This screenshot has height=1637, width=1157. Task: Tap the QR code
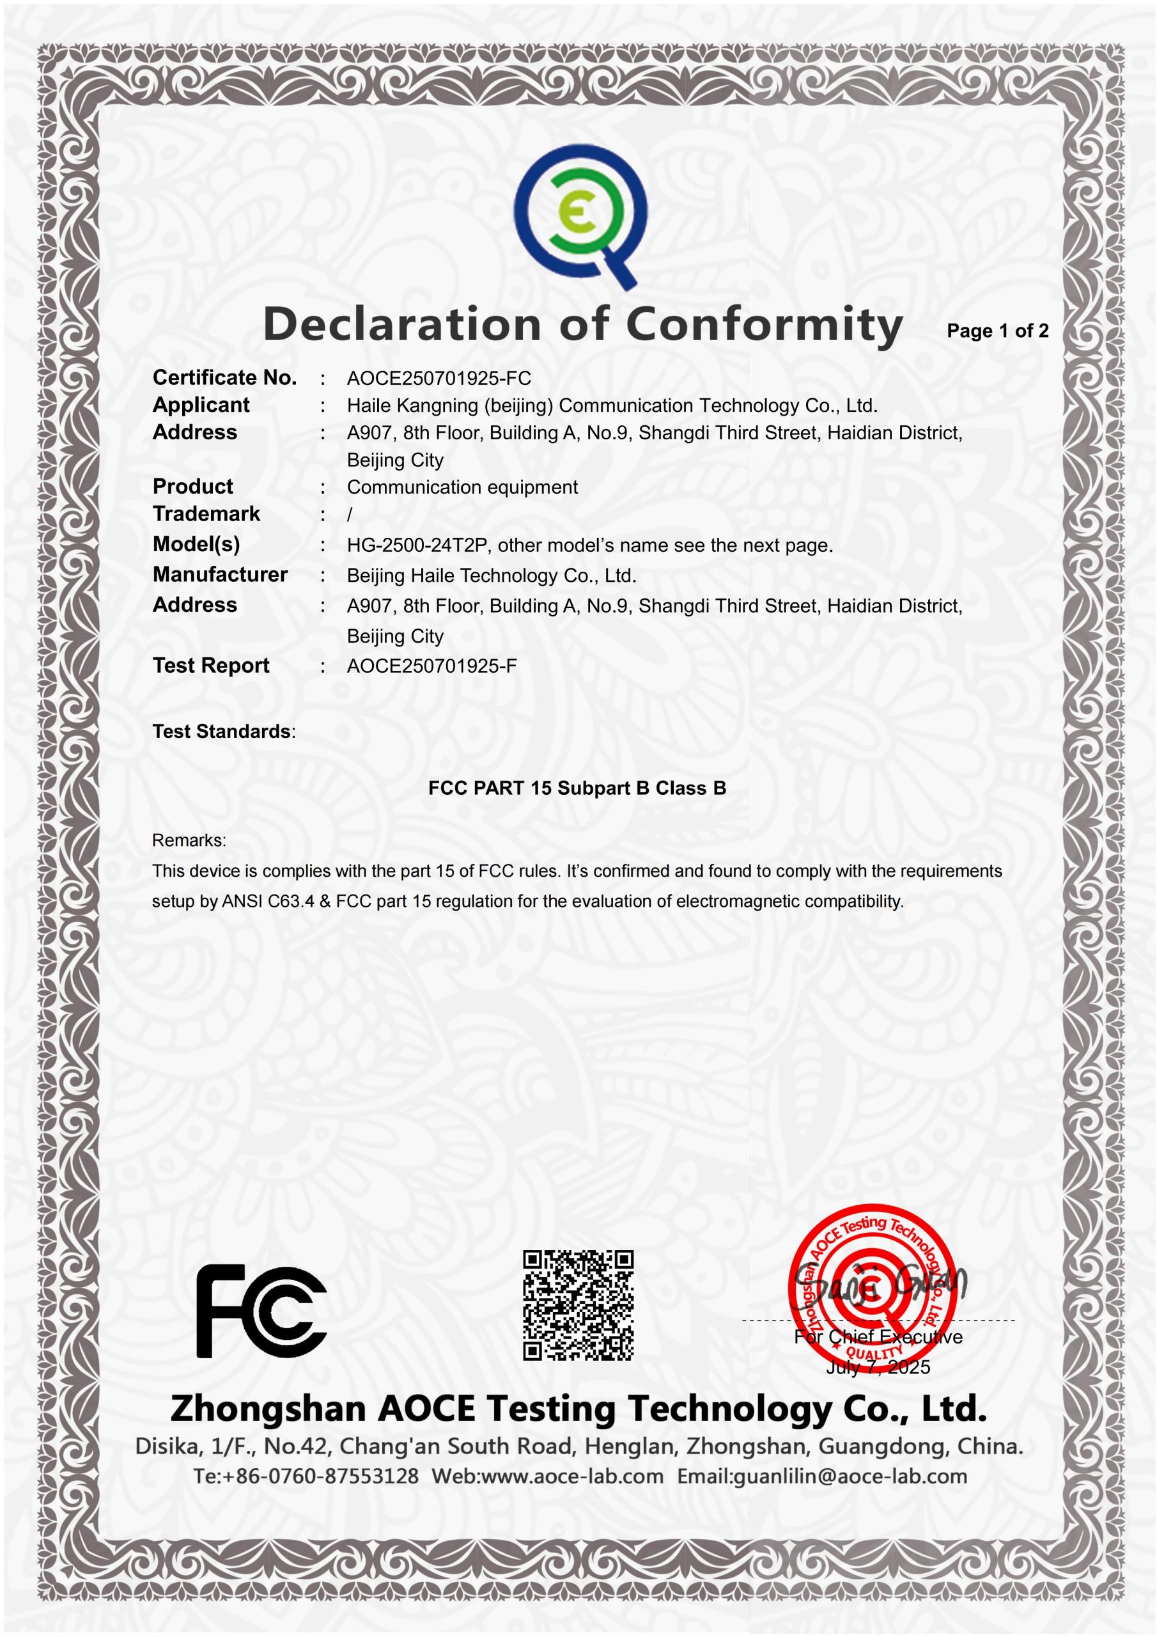(x=578, y=1304)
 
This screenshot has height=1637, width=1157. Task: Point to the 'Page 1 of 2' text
(x=997, y=331)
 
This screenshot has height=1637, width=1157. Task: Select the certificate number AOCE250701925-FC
(x=439, y=379)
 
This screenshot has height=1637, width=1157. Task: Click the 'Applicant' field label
(x=201, y=405)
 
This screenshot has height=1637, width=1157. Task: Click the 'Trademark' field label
(x=206, y=514)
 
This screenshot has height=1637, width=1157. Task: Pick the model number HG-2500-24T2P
(x=416, y=546)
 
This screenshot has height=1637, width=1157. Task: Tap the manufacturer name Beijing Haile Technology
(x=491, y=576)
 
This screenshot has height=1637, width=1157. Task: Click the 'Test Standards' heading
(x=222, y=732)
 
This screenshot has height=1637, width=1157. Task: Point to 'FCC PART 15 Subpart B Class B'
(x=577, y=788)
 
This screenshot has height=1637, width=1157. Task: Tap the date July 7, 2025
(x=878, y=1367)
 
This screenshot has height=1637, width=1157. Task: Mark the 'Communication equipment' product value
(x=462, y=488)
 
